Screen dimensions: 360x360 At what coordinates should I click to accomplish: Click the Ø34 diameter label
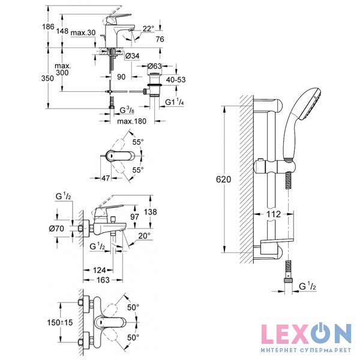tap(133, 56)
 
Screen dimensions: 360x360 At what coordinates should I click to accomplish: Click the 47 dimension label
tap(104, 178)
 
